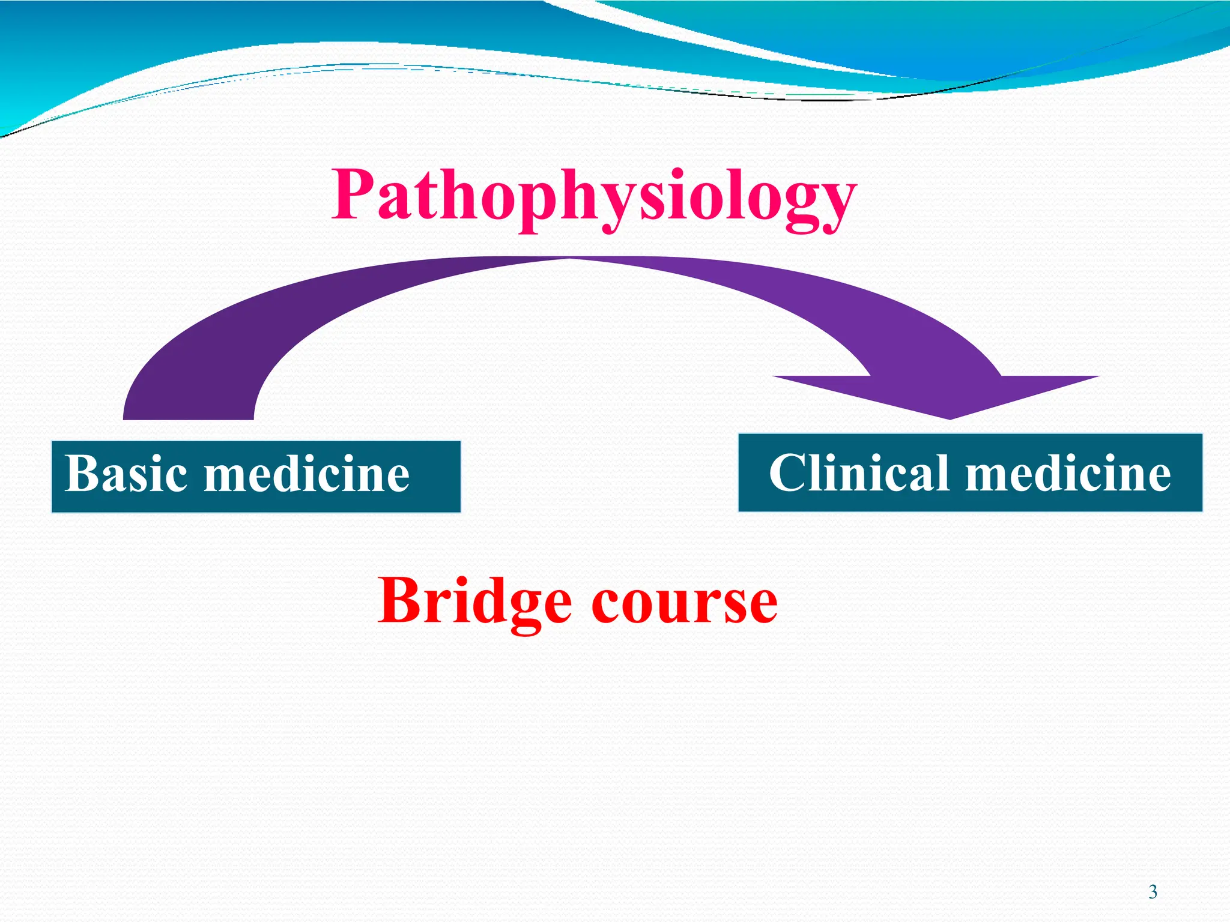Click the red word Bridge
pos(474,601)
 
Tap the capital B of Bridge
pos(399,600)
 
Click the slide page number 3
pos(1153,892)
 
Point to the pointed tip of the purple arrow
pos(950,418)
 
